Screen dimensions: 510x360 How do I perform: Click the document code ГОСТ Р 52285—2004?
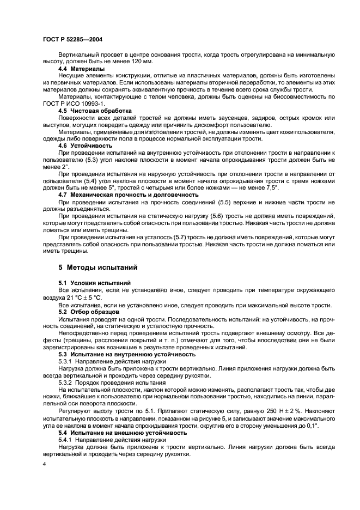coord(72,40)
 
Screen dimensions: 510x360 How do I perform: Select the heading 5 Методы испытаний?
coord(94,268)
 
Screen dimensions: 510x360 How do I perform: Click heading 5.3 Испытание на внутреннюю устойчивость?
coord(127,354)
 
